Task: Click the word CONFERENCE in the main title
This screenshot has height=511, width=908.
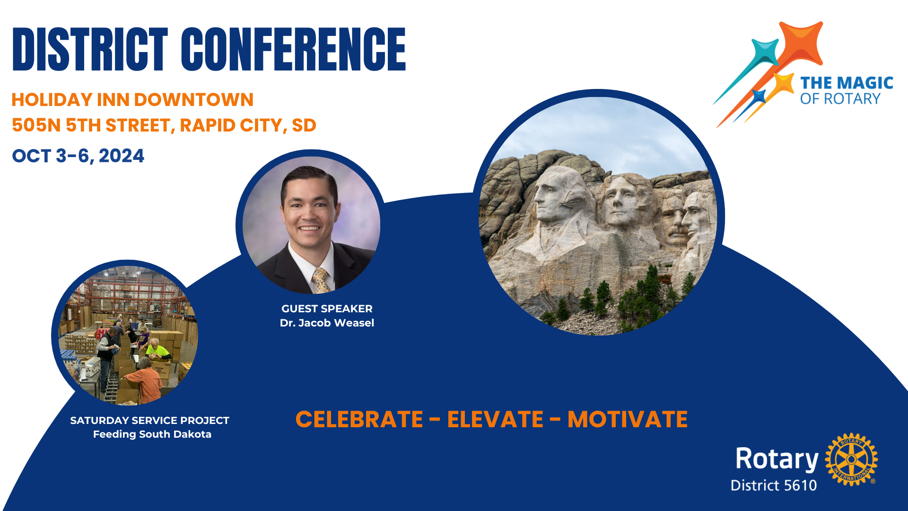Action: (x=293, y=49)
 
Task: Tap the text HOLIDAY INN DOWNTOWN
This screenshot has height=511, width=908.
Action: (x=132, y=100)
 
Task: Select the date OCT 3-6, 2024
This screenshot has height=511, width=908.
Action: (x=78, y=156)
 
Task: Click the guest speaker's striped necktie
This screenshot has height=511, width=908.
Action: (x=321, y=280)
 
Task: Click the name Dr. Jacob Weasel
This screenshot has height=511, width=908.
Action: (x=327, y=323)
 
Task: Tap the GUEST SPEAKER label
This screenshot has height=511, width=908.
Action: (x=327, y=309)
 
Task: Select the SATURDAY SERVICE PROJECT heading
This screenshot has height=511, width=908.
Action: (x=149, y=421)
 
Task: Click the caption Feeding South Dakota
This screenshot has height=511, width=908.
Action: (x=152, y=434)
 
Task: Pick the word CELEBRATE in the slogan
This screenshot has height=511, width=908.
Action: (x=359, y=419)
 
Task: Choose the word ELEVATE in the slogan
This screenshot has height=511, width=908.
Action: (x=495, y=419)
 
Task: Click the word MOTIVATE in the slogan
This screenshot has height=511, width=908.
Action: (x=628, y=419)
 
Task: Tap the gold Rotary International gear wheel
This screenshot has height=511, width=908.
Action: (x=851, y=459)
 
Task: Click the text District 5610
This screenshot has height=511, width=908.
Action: (x=774, y=485)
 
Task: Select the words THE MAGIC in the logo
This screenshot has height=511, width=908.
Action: (x=847, y=83)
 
